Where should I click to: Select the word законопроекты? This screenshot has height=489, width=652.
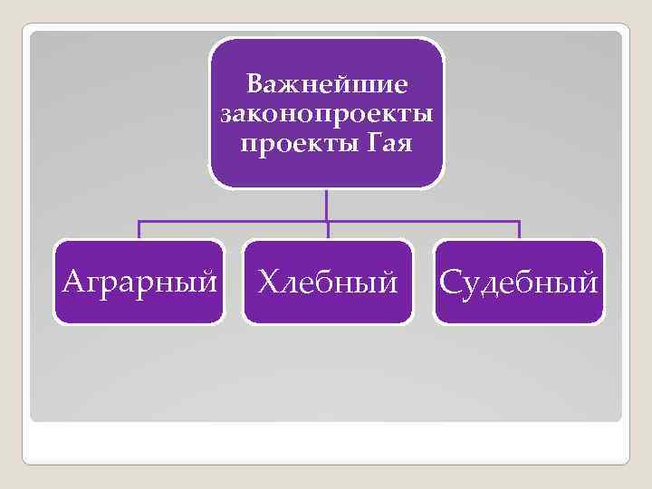327,115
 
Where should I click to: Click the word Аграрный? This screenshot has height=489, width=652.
139,282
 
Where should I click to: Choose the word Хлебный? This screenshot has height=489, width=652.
328,283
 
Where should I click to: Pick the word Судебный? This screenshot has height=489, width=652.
519,283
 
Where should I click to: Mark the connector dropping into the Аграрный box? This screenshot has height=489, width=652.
139,230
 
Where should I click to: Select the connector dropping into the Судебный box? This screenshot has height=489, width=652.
519,230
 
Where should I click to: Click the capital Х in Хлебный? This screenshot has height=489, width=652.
267,283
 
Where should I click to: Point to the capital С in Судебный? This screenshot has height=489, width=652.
450,283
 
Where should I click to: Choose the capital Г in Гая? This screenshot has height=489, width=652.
375,143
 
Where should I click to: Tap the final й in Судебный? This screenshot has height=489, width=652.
589,281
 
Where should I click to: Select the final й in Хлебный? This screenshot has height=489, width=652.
388,281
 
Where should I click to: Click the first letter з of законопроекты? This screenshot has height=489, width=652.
226,117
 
